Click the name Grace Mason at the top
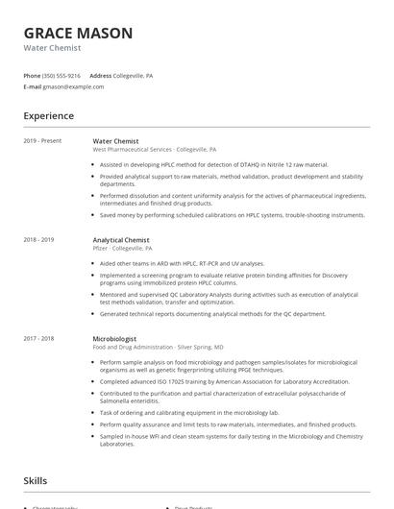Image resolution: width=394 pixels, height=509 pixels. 79,33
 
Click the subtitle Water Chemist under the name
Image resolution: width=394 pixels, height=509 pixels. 53,48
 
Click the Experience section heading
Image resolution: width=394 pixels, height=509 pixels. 49,116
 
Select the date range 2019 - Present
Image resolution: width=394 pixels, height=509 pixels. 42,141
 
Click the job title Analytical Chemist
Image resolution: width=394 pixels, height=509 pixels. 121,239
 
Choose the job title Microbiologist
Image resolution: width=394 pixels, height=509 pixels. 114,338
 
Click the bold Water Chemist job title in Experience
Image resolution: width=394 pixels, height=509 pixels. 115,141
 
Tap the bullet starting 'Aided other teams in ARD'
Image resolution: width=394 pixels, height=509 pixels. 182,263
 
